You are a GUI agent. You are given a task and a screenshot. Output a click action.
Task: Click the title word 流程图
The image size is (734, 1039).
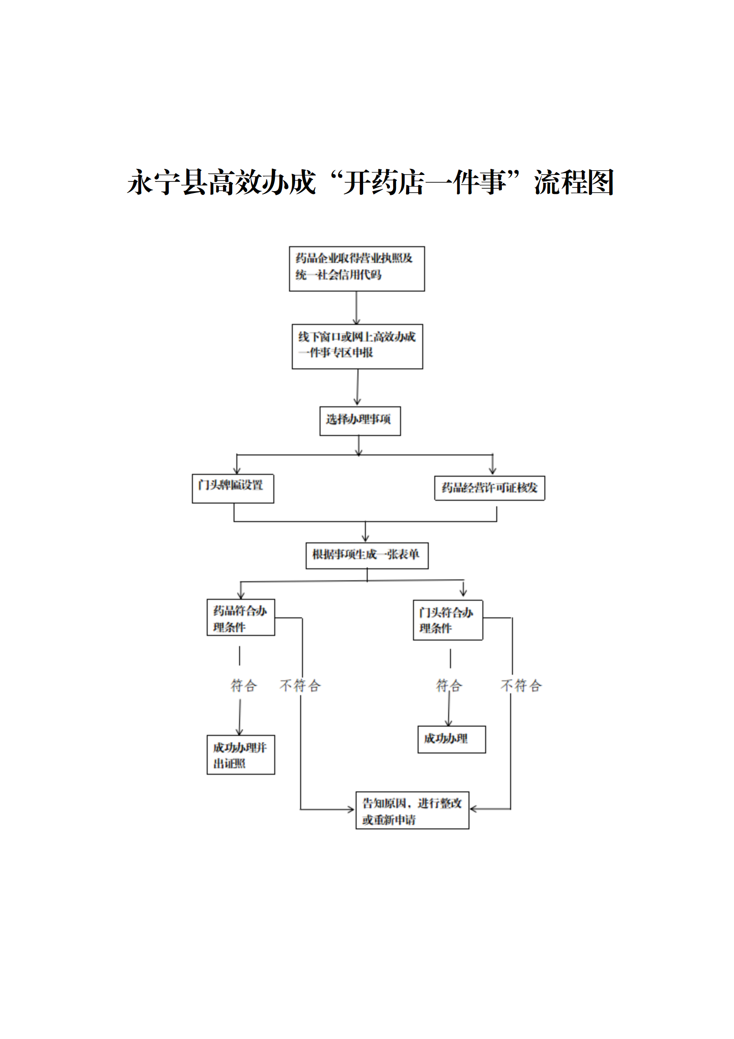(574, 182)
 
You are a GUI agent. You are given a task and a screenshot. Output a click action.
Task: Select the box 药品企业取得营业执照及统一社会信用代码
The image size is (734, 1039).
(357, 269)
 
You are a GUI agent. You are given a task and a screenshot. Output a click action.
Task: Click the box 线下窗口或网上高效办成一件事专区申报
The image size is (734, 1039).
(357, 347)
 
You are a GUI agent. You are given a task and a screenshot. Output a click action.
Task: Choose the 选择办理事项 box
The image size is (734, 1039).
(360, 421)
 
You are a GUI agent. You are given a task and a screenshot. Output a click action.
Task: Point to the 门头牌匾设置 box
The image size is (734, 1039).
(233, 488)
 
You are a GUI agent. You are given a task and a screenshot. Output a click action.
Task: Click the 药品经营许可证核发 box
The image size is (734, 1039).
(489, 488)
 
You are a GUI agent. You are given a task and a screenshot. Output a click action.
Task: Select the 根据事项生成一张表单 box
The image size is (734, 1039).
(367, 555)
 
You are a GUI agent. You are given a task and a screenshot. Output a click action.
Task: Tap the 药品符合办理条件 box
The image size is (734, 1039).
(241, 617)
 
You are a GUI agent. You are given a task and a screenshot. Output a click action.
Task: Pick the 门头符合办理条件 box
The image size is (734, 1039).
(448, 620)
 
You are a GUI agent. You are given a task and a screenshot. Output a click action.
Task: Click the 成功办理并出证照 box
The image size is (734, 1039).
(241, 755)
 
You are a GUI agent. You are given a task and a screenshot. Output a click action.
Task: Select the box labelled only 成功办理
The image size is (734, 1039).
(451, 740)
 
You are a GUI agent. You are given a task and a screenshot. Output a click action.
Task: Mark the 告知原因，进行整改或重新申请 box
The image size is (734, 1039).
(412, 810)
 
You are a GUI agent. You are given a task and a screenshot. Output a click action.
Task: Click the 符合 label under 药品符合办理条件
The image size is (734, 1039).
(243, 685)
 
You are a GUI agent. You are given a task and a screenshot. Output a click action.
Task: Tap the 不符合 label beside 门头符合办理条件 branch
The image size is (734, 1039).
(521, 685)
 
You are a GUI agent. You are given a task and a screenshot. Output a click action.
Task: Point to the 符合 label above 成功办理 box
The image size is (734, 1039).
(449, 685)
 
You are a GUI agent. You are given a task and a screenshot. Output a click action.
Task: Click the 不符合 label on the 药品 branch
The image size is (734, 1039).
(300, 685)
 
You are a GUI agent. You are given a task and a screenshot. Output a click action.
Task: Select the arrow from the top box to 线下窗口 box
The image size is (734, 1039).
(356, 308)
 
